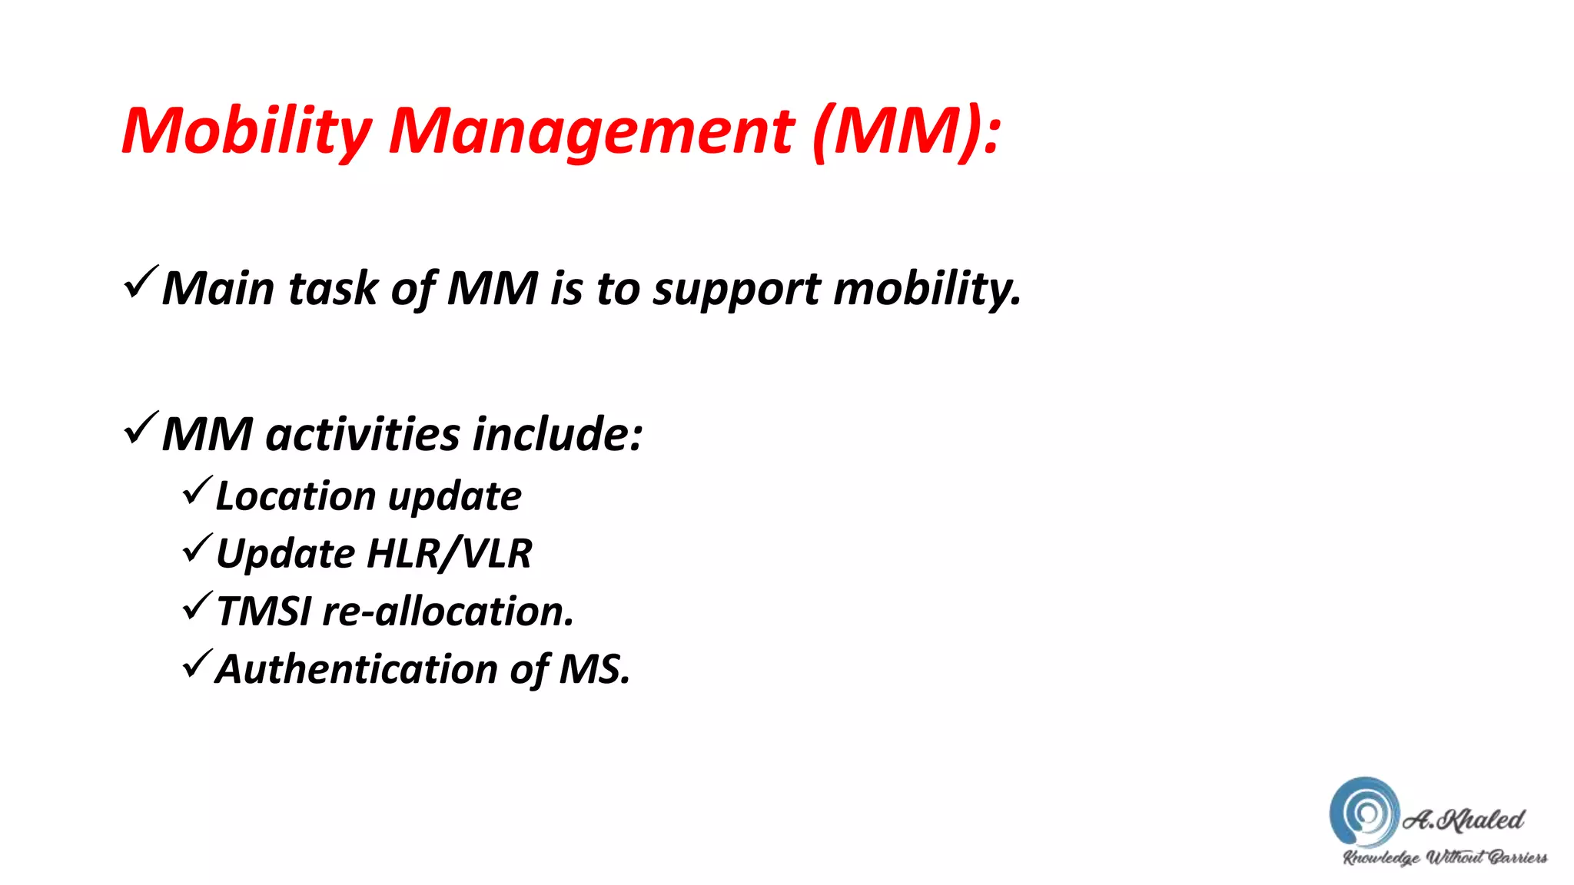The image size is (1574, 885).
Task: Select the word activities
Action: (x=363, y=434)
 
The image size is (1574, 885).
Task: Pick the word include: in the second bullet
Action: (x=557, y=434)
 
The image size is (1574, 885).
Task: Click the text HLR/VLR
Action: (x=450, y=554)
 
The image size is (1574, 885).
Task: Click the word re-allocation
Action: (x=447, y=612)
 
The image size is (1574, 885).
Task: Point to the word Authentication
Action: (x=357, y=669)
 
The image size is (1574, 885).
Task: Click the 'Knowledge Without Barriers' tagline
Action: (x=1445, y=857)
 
